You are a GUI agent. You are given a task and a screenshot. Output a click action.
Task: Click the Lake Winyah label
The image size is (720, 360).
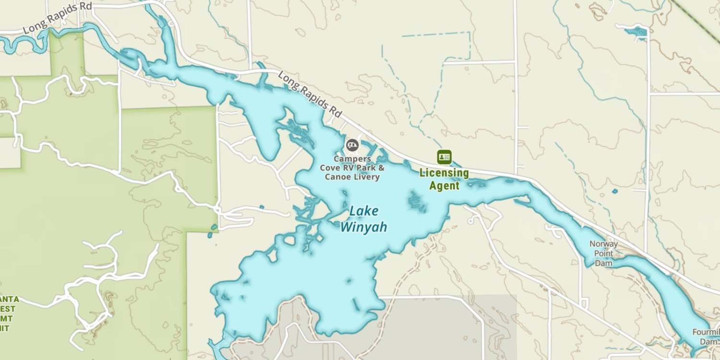(364, 219)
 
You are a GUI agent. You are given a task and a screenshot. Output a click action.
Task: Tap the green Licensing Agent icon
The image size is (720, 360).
(444, 157)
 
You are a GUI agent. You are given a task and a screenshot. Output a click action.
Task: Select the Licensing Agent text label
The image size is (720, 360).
(444, 179)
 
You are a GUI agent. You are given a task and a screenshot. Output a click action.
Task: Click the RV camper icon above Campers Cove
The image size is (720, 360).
(352, 144)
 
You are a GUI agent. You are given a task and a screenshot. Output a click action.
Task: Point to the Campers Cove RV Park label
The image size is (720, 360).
(352, 168)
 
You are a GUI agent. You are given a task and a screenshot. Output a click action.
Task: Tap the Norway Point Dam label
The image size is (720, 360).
(604, 253)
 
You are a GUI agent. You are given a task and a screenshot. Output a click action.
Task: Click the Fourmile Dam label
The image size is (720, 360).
(706, 336)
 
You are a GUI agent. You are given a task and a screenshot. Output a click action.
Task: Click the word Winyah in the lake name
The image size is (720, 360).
(364, 227)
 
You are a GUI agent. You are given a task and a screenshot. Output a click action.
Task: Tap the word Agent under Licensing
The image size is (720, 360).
(444, 186)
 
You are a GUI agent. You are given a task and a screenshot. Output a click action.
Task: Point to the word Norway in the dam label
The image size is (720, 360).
(604, 244)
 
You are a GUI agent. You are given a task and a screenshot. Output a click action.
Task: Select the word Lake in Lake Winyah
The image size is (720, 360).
(364, 211)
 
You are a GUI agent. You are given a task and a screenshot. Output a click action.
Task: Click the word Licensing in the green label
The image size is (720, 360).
(444, 173)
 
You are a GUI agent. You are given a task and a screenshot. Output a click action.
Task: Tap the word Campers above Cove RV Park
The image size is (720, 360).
(352, 159)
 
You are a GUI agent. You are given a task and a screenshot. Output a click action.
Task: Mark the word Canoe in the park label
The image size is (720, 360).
(337, 177)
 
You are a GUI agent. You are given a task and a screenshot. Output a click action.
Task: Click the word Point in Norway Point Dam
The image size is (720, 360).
(604, 253)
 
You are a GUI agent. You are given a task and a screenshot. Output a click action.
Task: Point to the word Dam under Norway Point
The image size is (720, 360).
(604, 263)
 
